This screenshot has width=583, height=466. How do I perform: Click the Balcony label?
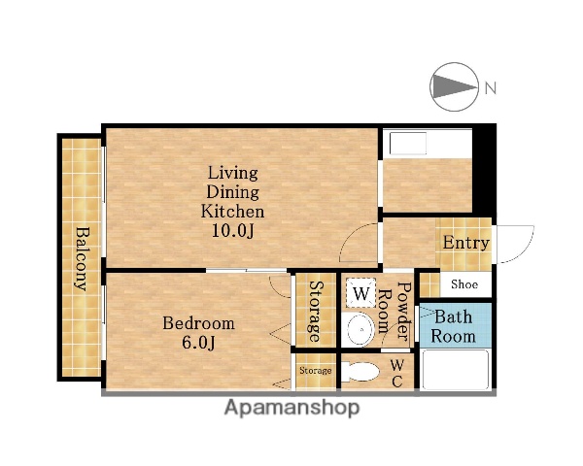[x=84, y=258]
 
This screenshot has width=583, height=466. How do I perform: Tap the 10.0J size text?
[x=233, y=231]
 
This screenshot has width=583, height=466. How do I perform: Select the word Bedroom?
[x=198, y=323]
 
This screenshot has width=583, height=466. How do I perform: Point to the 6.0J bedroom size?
[x=198, y=343]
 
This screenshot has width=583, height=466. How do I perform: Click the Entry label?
[x=465, y=244]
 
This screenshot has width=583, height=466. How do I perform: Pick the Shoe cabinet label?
[x=464, y=284]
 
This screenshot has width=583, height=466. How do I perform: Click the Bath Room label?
[x=453, y=326]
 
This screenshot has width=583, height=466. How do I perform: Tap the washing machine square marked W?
[x=360, y=293]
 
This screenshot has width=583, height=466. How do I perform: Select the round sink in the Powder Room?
[x=360, y=329]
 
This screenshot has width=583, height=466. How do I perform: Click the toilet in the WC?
[x=360, y=372]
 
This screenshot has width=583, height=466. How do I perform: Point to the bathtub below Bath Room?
[x=456, y=370]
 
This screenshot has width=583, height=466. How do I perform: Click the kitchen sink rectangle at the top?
[x=407, y=143]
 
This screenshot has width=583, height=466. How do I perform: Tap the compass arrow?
[x=455, y=87]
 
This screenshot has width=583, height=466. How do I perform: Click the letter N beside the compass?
[x=491, y=88]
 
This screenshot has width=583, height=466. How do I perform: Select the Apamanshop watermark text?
[x=292, y=408]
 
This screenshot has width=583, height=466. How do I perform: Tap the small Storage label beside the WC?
[x=315, y=371]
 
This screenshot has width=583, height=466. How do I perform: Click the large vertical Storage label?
[x=317, y=312]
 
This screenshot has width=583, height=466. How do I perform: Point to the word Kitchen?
[x=233, y=211]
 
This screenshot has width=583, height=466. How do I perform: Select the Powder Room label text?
[x=394, y=312]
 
